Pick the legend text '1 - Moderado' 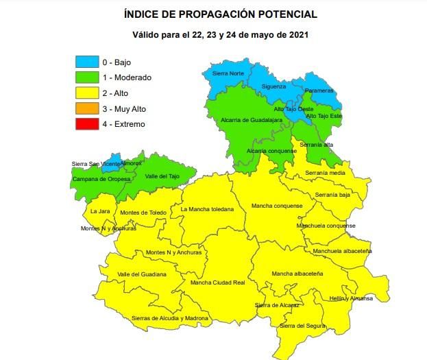tap(127, 78)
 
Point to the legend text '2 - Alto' tap(115, 93)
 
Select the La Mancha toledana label tap(207, 208)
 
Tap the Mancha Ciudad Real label tap(217, 283)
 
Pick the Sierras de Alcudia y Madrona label tap(169, 318)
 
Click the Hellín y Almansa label tap(351, 298)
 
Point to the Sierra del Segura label tap(302, 325)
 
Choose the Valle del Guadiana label tap(142, 274)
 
